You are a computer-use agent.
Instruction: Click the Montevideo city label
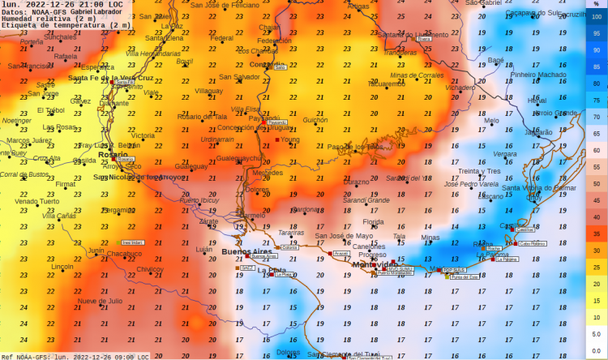pos(374,265)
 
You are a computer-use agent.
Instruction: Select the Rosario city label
pos(112,154)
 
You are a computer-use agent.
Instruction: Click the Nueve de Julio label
pos(100,301)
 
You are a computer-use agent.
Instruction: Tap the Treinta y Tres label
pos(479,171)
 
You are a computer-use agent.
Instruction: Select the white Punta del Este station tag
pos(465,277)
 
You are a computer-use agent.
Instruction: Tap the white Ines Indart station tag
pos(131,242)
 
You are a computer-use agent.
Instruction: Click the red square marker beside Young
pos(276,140)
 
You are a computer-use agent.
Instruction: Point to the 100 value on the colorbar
pos(595,15)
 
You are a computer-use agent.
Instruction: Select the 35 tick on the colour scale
pos(595,234)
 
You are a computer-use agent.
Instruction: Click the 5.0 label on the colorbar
pos(595,333)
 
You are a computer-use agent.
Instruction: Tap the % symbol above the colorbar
pos(595,4)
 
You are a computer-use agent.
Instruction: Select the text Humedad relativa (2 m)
pos(54,19)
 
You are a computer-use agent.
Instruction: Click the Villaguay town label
pos(209,92)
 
